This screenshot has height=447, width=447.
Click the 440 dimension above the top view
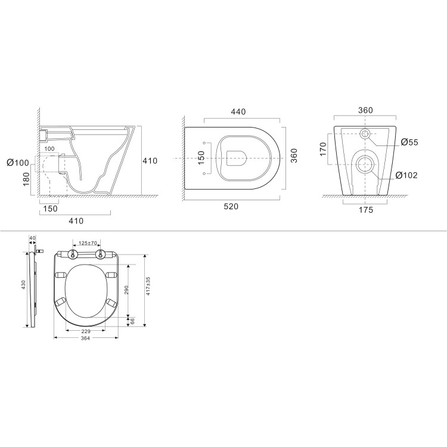(x=238, y=111)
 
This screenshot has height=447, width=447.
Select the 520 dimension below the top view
(x=231, y=206)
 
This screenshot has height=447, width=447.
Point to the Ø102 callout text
(x=409, y=175)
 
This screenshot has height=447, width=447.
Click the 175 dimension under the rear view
(x=365, y=210)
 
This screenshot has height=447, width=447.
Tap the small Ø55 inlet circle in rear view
(x=365, y=134)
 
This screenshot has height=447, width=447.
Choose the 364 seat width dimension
(x=85, y=339)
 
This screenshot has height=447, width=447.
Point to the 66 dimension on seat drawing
(x=133, y=321)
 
